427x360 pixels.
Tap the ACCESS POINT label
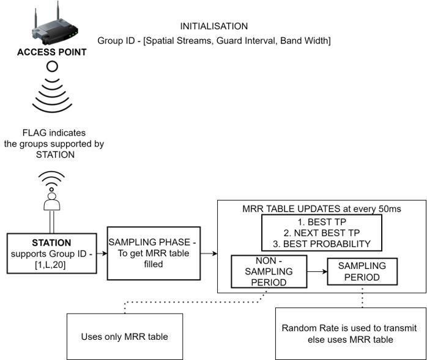[52, 53]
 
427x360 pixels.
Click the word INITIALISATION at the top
[213, 27]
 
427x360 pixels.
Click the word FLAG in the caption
[33, 133]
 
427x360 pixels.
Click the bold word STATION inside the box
[51, 243]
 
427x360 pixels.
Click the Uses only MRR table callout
[124, 336]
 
